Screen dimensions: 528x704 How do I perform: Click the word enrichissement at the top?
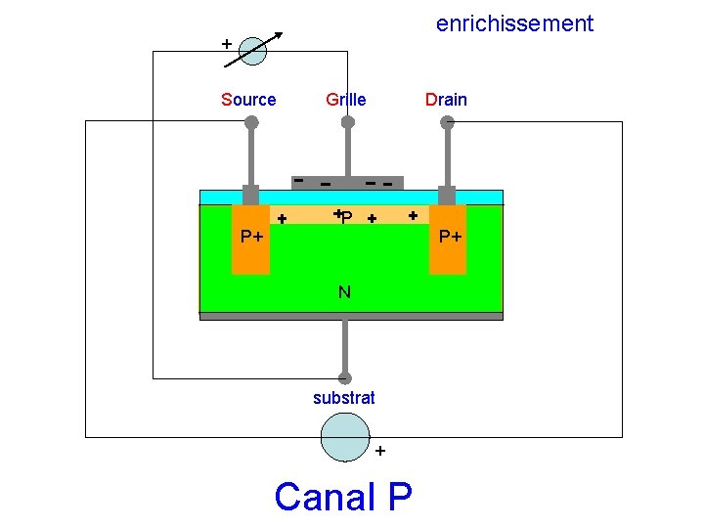(514, 23)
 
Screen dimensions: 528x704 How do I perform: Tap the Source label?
(248, 100)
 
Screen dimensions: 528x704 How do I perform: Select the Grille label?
(346, 100)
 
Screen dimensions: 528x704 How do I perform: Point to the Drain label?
(446, 100)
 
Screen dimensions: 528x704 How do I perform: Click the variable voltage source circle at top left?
(252, 51)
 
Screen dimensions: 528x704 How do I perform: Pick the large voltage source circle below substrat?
(345, 436)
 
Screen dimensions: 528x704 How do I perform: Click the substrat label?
(344, 398)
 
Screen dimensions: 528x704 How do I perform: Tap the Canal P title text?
(343, 497)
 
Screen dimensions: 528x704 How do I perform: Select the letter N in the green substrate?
(344, 291)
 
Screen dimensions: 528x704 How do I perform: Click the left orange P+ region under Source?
(250, 244)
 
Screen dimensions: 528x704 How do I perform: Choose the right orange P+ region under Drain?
(448, 244)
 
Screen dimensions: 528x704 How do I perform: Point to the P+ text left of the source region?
(252, 237)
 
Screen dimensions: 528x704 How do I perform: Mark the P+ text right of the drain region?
(450, 237)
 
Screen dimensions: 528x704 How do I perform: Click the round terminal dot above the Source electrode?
(251, 122)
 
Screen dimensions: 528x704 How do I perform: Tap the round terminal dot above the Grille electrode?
(347, 122)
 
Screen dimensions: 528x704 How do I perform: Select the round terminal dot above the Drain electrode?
(447, 122)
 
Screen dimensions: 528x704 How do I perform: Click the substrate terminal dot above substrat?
(345, 378)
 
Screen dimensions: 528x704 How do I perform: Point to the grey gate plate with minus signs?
(347, 183)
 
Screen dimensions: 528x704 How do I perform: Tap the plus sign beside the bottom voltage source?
(380, 451)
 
